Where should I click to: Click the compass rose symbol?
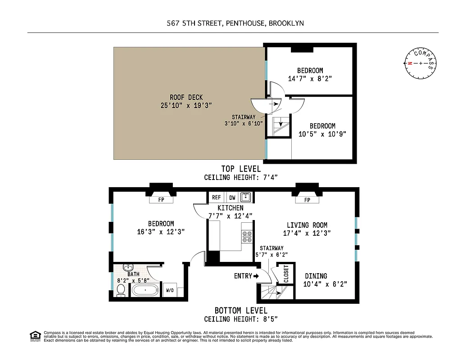coord(421,63)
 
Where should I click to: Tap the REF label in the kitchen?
coord(217,197)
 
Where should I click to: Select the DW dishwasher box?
coord(232,197)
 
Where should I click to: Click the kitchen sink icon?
coord(246,197)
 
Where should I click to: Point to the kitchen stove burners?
coord(247,237)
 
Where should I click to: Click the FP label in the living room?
coord(308,200)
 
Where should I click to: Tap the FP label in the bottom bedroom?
coord(161,200)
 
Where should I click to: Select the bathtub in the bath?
coord(145,290)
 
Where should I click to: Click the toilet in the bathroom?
coord(121,292)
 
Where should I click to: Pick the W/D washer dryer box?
coord(170,290)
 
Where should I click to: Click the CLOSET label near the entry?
coord(286,274)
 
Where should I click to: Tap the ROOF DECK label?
coord(186,97)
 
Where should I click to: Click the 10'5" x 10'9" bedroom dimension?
coord(323,134)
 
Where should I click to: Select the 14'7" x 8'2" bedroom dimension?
coord(310,78)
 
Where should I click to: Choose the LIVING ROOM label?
coord(307,225)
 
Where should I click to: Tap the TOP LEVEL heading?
coord(241,169)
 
